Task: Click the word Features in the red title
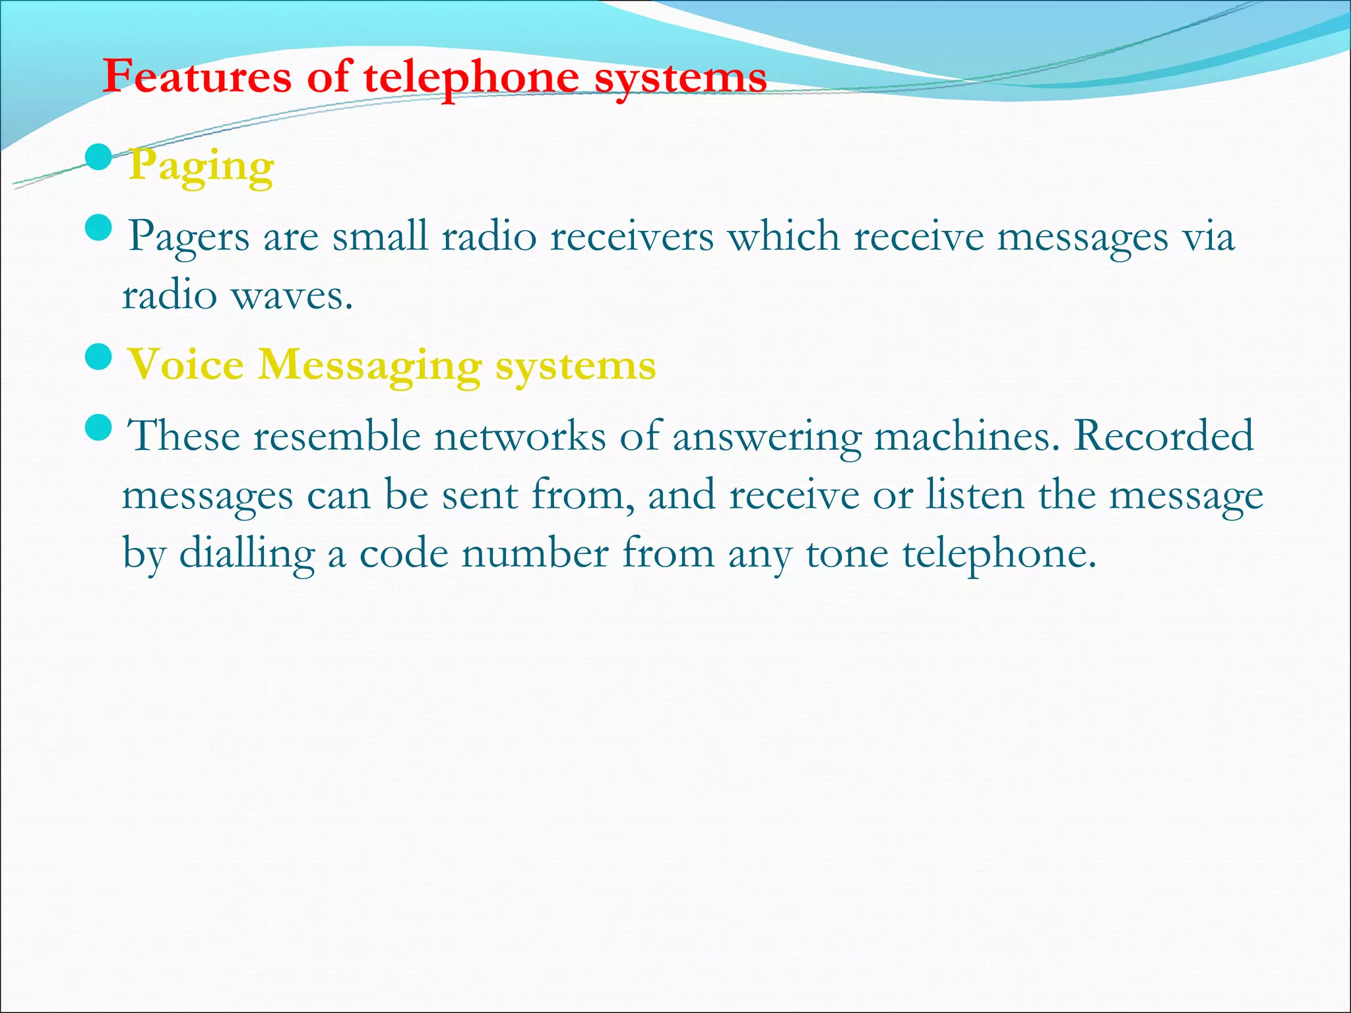pyautogui.click(x=197, y=77)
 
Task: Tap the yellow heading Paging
pyautogui.click(x=201, y=167)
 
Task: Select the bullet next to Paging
pyautogui.click(x=99, y=158)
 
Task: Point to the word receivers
pyautogui.click(x=631, y=236)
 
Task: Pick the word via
pyautogui.click(x=1208, y=236)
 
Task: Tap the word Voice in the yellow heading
pyautogui.click(x=185, y=365)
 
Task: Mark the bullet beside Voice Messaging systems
pyautogui.click(x=99, y=357)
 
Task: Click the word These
pyautogui.click(x=183, y=436)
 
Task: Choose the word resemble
pyautogui.click(x=337, y=436)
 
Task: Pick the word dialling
pyautogui.click(x=247, y=554)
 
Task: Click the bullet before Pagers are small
pyautogui.click(x=99, y=228)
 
